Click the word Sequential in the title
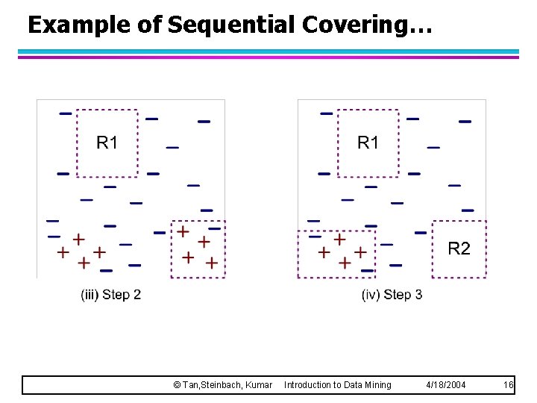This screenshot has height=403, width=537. coord(232,25)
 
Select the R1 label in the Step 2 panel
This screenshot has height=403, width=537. coord(107,143)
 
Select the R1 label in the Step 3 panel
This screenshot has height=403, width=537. coord(368,143)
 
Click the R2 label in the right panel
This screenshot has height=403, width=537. coord(459,249)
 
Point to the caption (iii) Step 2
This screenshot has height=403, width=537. coord(110,295)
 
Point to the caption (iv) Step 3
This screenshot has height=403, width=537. coord(392,295)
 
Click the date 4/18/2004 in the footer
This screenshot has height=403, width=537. coord(445,384)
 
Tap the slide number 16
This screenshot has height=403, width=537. coord(508,384)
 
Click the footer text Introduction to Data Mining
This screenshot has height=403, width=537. coord(337,384)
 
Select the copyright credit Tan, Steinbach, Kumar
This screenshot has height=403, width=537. coord(222,384)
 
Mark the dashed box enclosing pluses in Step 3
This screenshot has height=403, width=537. coord(336,231)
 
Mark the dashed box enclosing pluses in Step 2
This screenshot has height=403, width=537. coord(198,222)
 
